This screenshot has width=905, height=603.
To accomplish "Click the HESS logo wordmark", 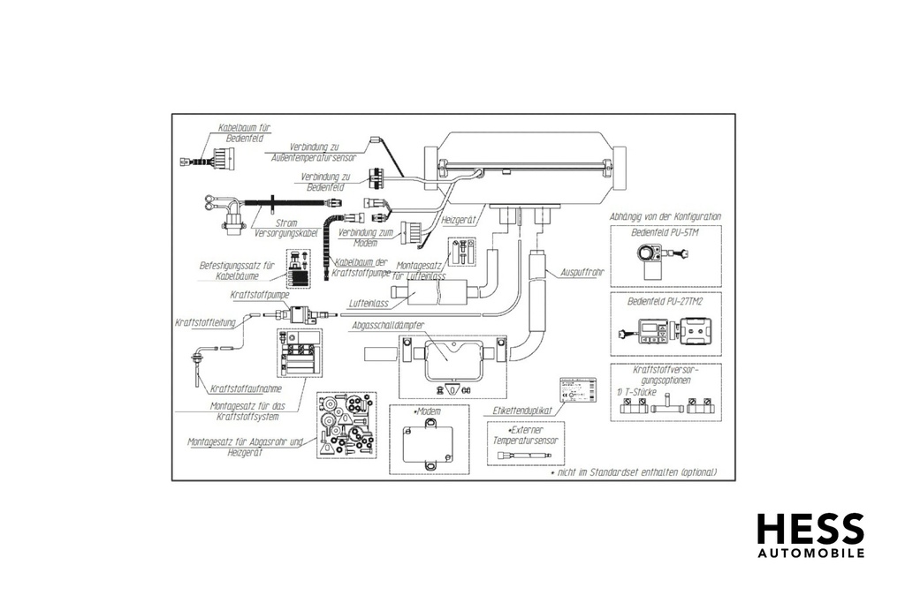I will click(x=810, y=529).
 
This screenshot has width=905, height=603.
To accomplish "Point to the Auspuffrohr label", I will click(x=582, y=272).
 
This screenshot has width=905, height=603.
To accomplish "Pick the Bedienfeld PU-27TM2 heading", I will click(x=665, y=302).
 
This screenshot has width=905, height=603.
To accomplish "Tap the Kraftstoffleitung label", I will click(x=206, y=323).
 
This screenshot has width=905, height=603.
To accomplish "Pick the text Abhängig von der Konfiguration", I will click(x=665, y=216).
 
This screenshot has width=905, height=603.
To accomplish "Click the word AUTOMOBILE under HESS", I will click(x=810, y=554).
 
